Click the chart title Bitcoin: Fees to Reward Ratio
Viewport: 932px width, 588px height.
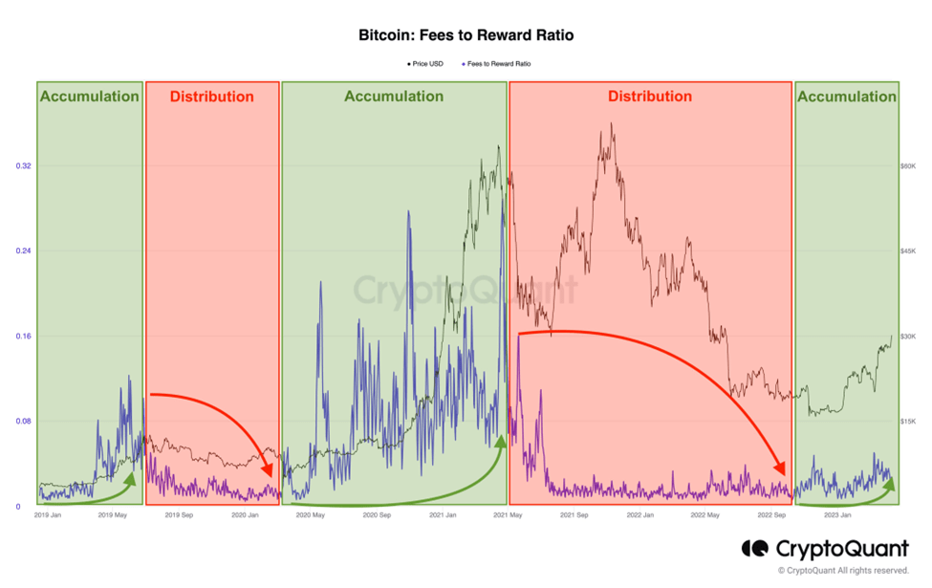pyautogui.click(x=466, y=35)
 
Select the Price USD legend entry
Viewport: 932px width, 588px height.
pyautogui.click(x=424, y=64)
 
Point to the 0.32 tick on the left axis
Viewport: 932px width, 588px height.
pyautogui.click(x=24, y=166)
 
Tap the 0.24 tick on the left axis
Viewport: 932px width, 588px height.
pyautogui.click(x=24, y=251)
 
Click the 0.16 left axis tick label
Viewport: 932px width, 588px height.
pyautogui.click(x=24, y=337)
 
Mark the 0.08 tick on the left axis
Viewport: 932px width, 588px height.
pyautogui.click(x=24, y=422)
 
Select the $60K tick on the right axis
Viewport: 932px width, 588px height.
pyautogui.click(x=908, y=166)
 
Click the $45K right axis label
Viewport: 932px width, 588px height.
pyautogui.click(x=908, y=251)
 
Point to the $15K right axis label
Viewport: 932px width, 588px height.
pyautogui.click(x=908, y=422)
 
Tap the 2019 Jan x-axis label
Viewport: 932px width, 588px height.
pyautogui.click(x=47, y=515)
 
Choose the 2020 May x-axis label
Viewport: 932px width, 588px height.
pyautogui.click(x=311, y=515)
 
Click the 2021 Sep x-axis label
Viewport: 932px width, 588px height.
pyautogui.click(x=574, y=515)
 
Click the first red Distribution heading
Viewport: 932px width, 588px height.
pyautogui.click(x=211, y=97)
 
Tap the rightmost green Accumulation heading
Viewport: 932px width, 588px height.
pyautogui.click(x=846, y=97)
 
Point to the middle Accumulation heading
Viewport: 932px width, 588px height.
pyautogui.click(x=393, y=97)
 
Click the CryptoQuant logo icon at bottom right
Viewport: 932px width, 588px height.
pyautogui.click(x=755, y=549)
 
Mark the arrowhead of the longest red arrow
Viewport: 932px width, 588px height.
pyautogui.click(x=781, y=469)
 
